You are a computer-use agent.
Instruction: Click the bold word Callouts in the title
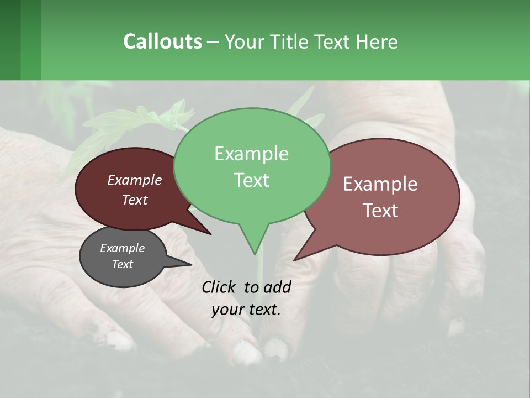(x=162, y=41)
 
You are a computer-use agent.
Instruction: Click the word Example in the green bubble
(x=251, y=154)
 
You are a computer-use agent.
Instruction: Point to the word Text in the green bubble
(x=251, y=180)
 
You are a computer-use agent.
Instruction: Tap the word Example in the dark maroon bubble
(x=134, y=180)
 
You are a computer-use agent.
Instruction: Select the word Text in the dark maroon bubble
(x=134, y=200)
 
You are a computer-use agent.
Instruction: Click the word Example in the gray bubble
(x=122, y=248)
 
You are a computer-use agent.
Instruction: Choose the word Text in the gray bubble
(x=122, y=264)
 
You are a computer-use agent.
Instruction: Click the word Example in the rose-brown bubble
(x=380, y=184)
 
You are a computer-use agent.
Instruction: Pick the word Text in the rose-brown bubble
(x=380, y=211)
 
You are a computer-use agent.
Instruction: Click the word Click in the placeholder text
(x=220, y=287)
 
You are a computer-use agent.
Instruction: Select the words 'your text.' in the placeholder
(x=246, y=310)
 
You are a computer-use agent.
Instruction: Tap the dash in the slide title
(x=213, y=42)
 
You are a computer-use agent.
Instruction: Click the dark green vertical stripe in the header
(x=10, y=40)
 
